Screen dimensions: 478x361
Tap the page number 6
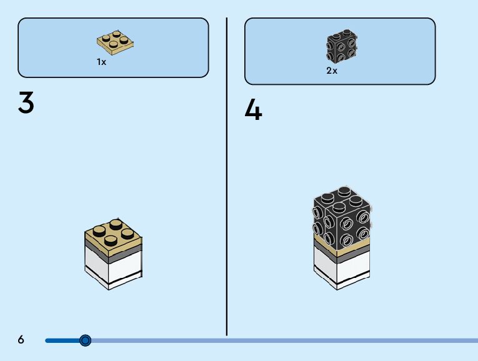[21, 340]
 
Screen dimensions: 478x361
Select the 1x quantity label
[101, 62]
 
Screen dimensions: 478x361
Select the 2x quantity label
[332, 71]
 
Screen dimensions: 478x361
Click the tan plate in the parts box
[116, 41]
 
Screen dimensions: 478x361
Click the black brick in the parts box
[341, 46]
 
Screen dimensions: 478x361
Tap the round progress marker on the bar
[86, 340]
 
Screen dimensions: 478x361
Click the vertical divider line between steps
[226, 187]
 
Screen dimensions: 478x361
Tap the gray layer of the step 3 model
[112, 255]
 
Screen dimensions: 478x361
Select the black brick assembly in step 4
[342, 219]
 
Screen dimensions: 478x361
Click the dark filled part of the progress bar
[62, 340]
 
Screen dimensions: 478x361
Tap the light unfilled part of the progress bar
[281, 340]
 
